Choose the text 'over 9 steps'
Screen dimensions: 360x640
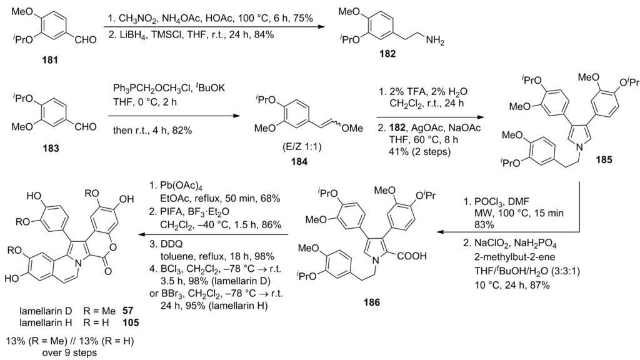pos(66,351)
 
